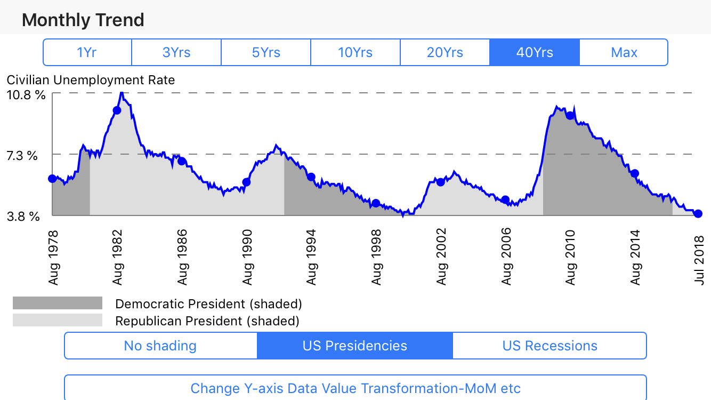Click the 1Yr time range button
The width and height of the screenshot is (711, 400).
[x=87, y=52]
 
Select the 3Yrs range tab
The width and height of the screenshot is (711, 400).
[x=176, y=52]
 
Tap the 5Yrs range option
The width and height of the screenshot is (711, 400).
[x=266, y=52]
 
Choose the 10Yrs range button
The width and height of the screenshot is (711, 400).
[x=355, y=52]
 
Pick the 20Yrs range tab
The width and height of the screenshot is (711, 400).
[x=445, y=52]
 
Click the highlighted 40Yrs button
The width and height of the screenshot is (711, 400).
[x=535, y=52]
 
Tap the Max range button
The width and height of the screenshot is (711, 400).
[x=624, y=52]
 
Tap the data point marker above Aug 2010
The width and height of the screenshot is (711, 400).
[x=570, y=115]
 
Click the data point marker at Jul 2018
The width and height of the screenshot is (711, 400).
[x=698, y=214]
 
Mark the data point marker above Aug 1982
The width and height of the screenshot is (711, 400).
[x=117, y=110]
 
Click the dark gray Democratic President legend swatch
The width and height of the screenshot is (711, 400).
[x=58, y=303]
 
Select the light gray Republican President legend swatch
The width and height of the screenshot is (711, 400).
[x=58, y=321]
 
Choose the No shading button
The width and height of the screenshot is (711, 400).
[x=160, y=346]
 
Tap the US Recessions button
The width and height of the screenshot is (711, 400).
[x=550, y=346]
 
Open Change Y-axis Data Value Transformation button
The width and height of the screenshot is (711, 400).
[x=355, y=388]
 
